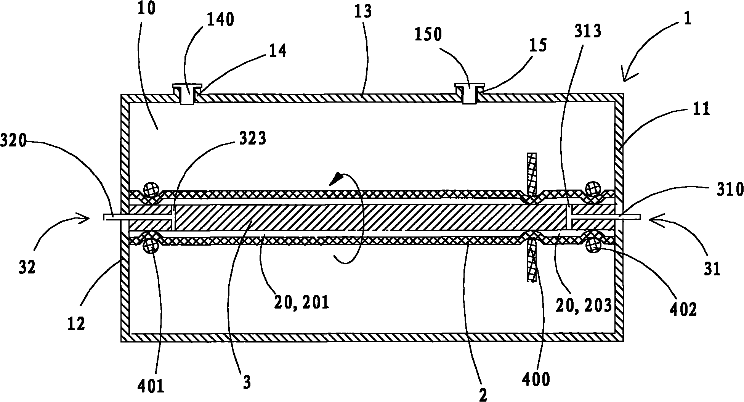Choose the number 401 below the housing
click(151, 386)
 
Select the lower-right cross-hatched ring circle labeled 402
click(594, 244)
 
